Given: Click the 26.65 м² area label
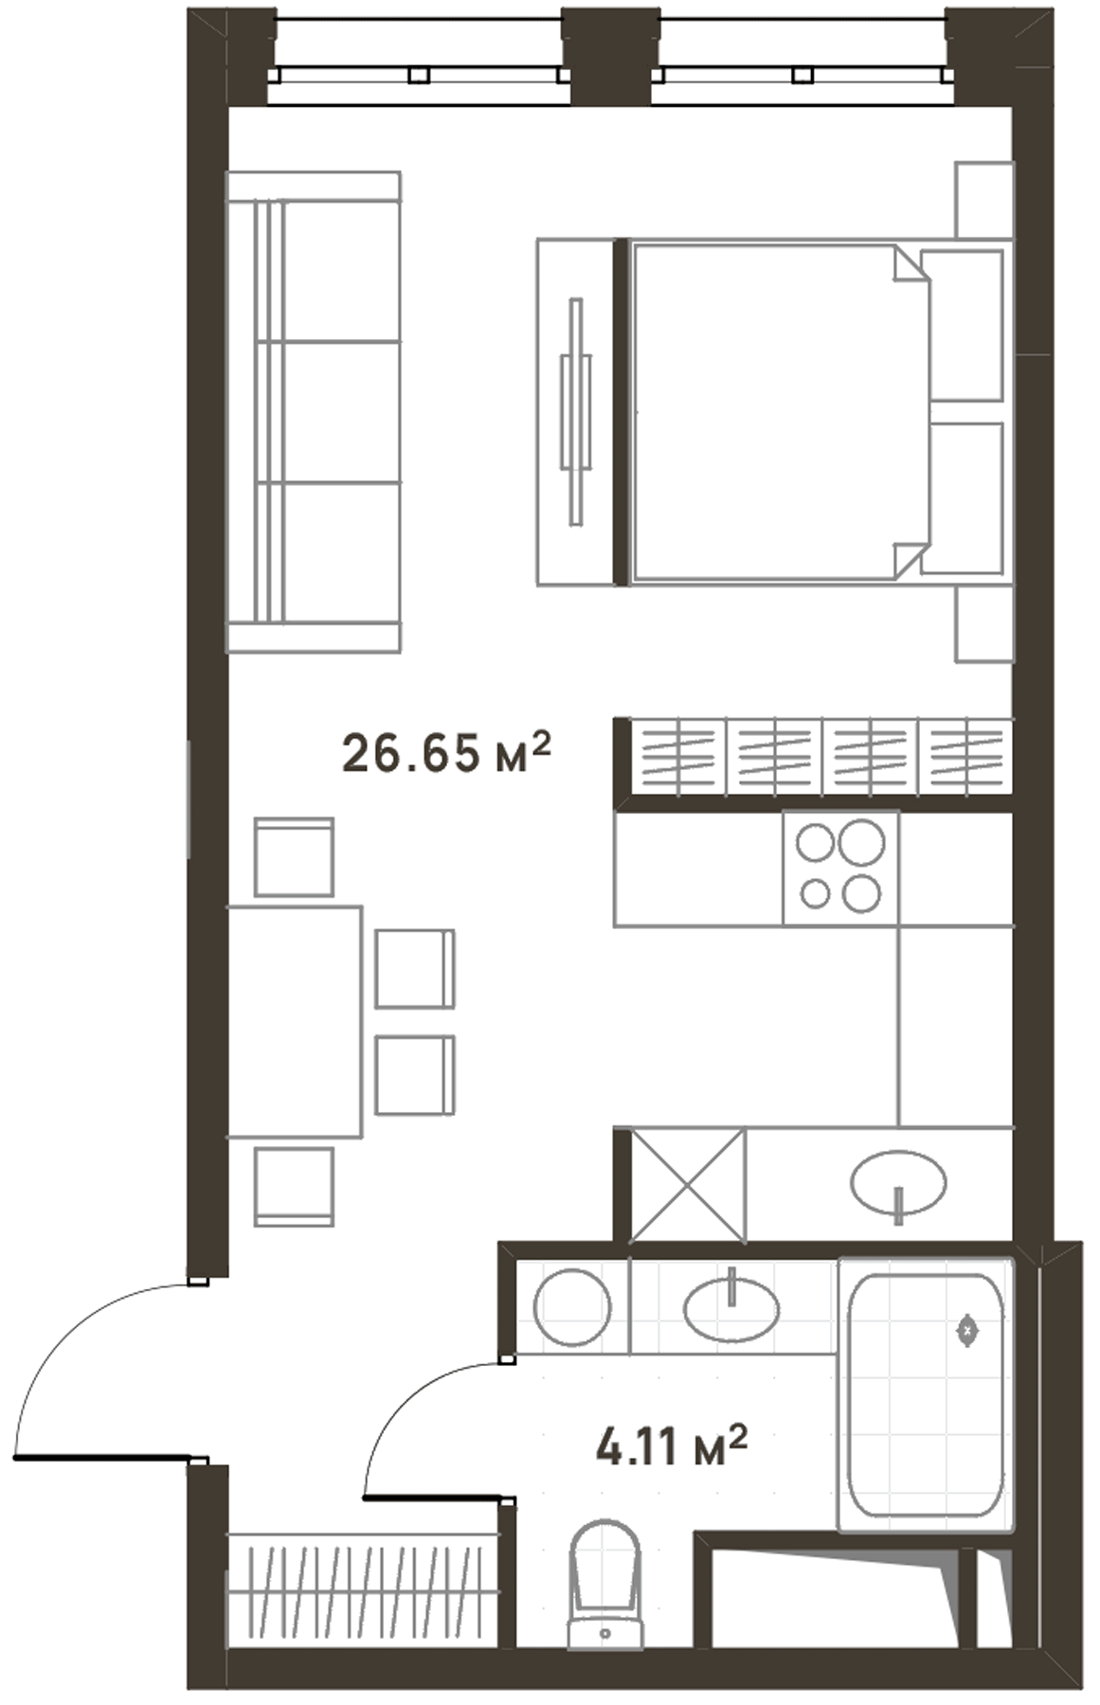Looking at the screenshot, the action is (x=445, y=753).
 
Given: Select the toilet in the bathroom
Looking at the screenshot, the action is (x=605, y=1584).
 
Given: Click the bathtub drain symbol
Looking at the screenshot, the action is (x=967, y=1330).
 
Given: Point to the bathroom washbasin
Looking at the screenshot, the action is (x=731, y=1309).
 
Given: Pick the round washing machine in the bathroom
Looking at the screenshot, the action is (x=572, y=1308).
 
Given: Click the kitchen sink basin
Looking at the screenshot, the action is (x=898, y=1183).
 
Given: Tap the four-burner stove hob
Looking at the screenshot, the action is (x=841, y=868).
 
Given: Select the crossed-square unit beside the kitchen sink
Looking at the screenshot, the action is (x=688, y=1184).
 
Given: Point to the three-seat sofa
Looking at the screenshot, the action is (x=314, y=412).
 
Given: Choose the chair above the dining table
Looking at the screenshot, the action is (x=294, y=857).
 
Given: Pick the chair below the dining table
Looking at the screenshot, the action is (x=294, y=1187).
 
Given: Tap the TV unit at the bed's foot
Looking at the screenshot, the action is (x=575, y=412).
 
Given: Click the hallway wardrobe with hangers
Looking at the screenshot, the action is (x=362, y=1593).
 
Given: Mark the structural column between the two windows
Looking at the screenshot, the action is (x=611, y=55).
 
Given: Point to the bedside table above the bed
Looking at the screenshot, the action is (x=983, y=200).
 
